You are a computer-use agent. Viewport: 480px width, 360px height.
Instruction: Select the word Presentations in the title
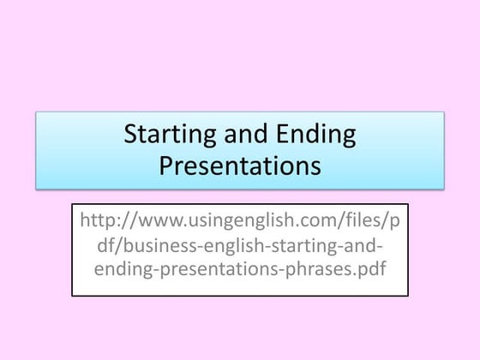coord(240,164)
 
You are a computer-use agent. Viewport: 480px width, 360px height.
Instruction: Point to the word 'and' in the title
coord(243,135)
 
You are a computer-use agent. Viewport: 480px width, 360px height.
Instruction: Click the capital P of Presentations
coord(165,164)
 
